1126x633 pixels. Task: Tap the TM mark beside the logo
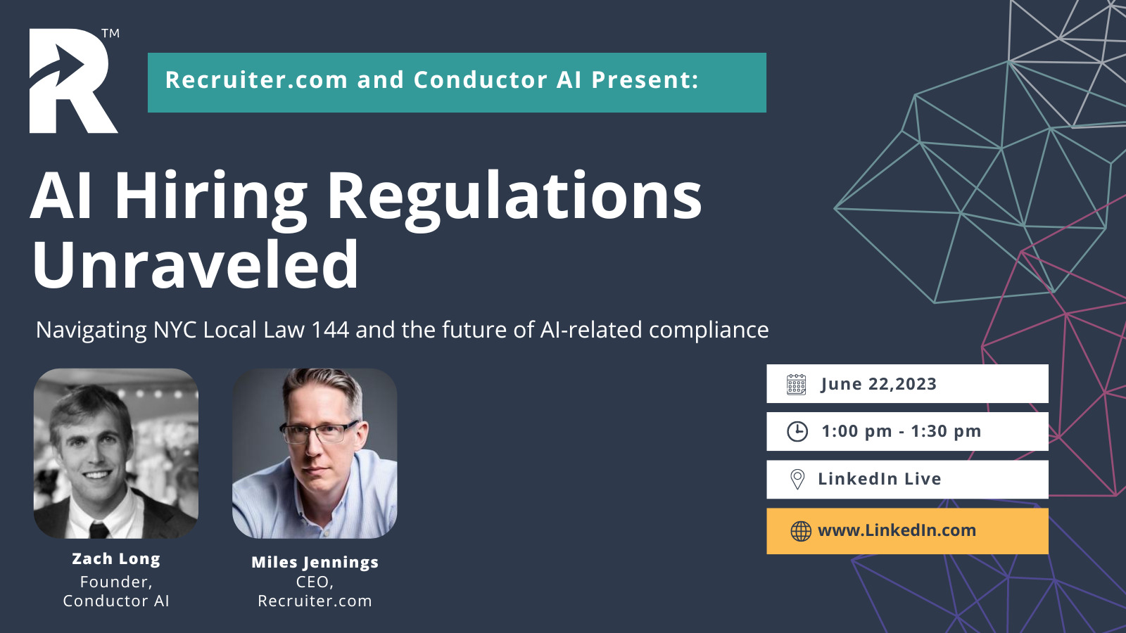(x=110, y=34)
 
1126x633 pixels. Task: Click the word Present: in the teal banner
(x=645, y=80)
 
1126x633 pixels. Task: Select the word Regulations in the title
(x=514, y=197)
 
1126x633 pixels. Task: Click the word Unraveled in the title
(x=196, y=264)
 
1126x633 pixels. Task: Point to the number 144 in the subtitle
(x=330, y=330)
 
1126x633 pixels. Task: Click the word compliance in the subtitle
(x=709, y=331)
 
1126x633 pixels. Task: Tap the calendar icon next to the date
(x=796, y=384)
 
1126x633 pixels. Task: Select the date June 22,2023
(x=879, y=384)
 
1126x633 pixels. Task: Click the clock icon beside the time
(x=797, y=432)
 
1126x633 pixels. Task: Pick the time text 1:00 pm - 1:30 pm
(x=902, y=431)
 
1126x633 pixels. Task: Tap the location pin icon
(x=797, y=479)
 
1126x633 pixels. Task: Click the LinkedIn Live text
(x=880, y=479)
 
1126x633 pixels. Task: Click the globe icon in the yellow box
(x=801, y=531)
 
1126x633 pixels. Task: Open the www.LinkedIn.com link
(x=897, y=530)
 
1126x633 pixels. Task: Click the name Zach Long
(x=116, y=559)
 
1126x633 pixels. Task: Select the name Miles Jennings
(x=315, y=563)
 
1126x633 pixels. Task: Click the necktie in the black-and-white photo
(x=99, y=530)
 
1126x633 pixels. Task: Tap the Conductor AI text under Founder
(x=116, y=601)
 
